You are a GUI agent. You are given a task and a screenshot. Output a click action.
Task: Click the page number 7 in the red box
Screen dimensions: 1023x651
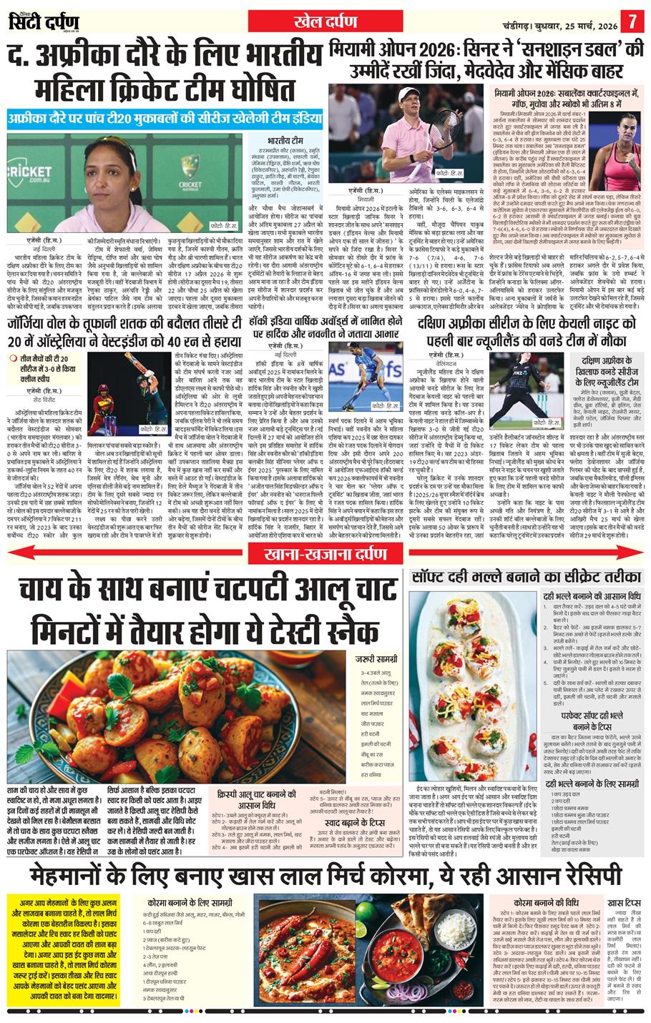tap(632, 20)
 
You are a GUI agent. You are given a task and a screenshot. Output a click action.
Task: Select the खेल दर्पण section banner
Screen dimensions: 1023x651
tap(325, 21)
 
